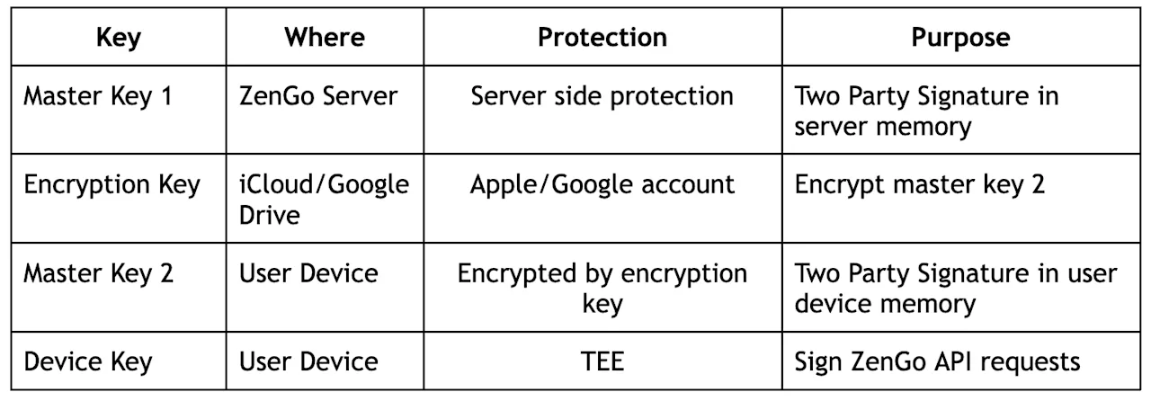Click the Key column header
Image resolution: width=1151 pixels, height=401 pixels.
pos(119,38)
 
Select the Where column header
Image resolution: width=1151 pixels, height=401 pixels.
pos(325,37)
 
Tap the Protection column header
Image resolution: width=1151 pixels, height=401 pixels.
pos(602,37)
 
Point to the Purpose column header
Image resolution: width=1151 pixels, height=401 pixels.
pos(961,38)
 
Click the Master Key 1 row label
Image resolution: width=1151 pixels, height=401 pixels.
pos(98,96)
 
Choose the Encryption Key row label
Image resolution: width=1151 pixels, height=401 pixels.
pos(112,185)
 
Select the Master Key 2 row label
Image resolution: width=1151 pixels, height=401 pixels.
pos(98,273)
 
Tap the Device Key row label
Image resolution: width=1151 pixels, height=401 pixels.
pos(88,362)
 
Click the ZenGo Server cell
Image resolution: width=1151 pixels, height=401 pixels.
pos(318,96)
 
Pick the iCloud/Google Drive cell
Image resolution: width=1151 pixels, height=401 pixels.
pos(324,200)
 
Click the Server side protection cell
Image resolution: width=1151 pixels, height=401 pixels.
pos(602,96)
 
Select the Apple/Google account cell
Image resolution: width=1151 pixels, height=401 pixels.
pos(602,185)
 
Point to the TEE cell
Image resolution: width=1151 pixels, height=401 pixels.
pos(602,361)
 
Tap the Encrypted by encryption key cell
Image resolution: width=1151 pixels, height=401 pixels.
pos(602,289)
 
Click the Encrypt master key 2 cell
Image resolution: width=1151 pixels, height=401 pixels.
pos(920,185)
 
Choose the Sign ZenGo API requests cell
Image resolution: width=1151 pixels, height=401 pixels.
pos(937,362)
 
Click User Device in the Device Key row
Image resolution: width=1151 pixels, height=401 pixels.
pos(308,361)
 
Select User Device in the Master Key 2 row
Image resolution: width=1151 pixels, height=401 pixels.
pos(308,273)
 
